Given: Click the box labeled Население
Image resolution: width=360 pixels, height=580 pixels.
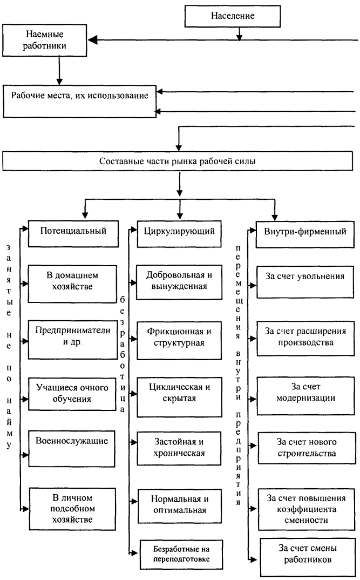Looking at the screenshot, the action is tap(232, 16).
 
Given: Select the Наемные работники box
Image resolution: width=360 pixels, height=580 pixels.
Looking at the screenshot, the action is tap(45, 41).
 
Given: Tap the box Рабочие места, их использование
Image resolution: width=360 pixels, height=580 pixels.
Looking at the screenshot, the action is tap(79, 102).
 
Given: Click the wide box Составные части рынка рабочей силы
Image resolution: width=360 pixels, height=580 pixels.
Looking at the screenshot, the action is tap(178, 161).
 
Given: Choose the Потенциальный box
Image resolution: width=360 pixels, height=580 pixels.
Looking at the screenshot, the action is tap(73, 234).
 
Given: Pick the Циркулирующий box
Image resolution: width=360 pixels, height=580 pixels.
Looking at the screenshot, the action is tap(179, 234).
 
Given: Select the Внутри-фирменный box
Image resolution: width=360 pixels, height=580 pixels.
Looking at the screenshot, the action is tap(305, 234).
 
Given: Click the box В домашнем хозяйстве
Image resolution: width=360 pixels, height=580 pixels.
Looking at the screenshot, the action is tap(72, 284).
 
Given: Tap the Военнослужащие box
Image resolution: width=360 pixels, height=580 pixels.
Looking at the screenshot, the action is tap(72, 448).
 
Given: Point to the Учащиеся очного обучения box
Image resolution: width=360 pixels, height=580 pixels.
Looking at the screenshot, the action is tap(72, 394).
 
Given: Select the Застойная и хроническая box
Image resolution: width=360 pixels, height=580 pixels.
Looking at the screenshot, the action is tap(179, 448).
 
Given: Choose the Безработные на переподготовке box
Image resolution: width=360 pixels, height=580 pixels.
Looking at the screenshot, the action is tap(181, 555).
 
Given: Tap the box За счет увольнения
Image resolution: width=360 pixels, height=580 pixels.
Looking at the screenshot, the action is tap(305, 281).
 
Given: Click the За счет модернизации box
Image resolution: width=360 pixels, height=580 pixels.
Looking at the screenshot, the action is tap(305, 396).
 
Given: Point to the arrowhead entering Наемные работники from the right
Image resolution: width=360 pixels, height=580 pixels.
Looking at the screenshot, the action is tap(92, 40).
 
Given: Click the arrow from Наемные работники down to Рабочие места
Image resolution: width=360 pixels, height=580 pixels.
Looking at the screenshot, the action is tap(59, 71).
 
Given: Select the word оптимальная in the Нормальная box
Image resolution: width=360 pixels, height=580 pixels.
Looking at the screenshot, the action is tap(180, 510).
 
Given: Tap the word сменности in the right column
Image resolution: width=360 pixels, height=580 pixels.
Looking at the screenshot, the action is tap(307, 520).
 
